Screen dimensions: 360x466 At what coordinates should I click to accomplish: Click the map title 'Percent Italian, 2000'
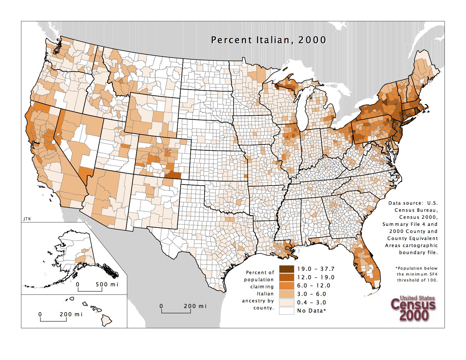269,40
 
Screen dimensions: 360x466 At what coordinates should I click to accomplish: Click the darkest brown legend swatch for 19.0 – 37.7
286,269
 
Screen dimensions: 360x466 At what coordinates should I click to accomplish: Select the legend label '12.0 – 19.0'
315,277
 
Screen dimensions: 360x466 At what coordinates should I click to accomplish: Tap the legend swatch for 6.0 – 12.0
286,285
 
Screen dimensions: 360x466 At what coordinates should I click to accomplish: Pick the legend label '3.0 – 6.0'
312,294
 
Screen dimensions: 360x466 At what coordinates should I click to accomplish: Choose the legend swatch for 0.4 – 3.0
286,302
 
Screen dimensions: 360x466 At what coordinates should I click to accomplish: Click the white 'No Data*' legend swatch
286,311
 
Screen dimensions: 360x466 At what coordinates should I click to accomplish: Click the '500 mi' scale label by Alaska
107,284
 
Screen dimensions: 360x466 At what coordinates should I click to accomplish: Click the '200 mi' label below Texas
195,306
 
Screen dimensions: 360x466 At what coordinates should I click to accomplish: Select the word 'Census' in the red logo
413,305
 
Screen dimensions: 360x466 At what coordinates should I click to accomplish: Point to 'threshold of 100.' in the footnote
417,280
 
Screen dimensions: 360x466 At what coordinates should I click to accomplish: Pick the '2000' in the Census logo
413,316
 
